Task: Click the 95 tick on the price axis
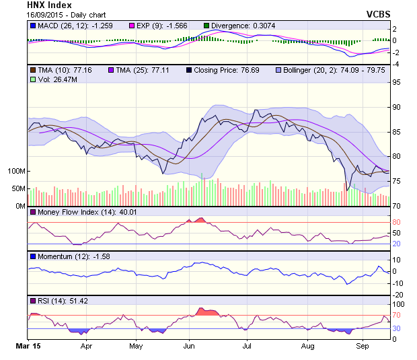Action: pos(397,83)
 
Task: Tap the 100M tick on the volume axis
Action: pos(14,171)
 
